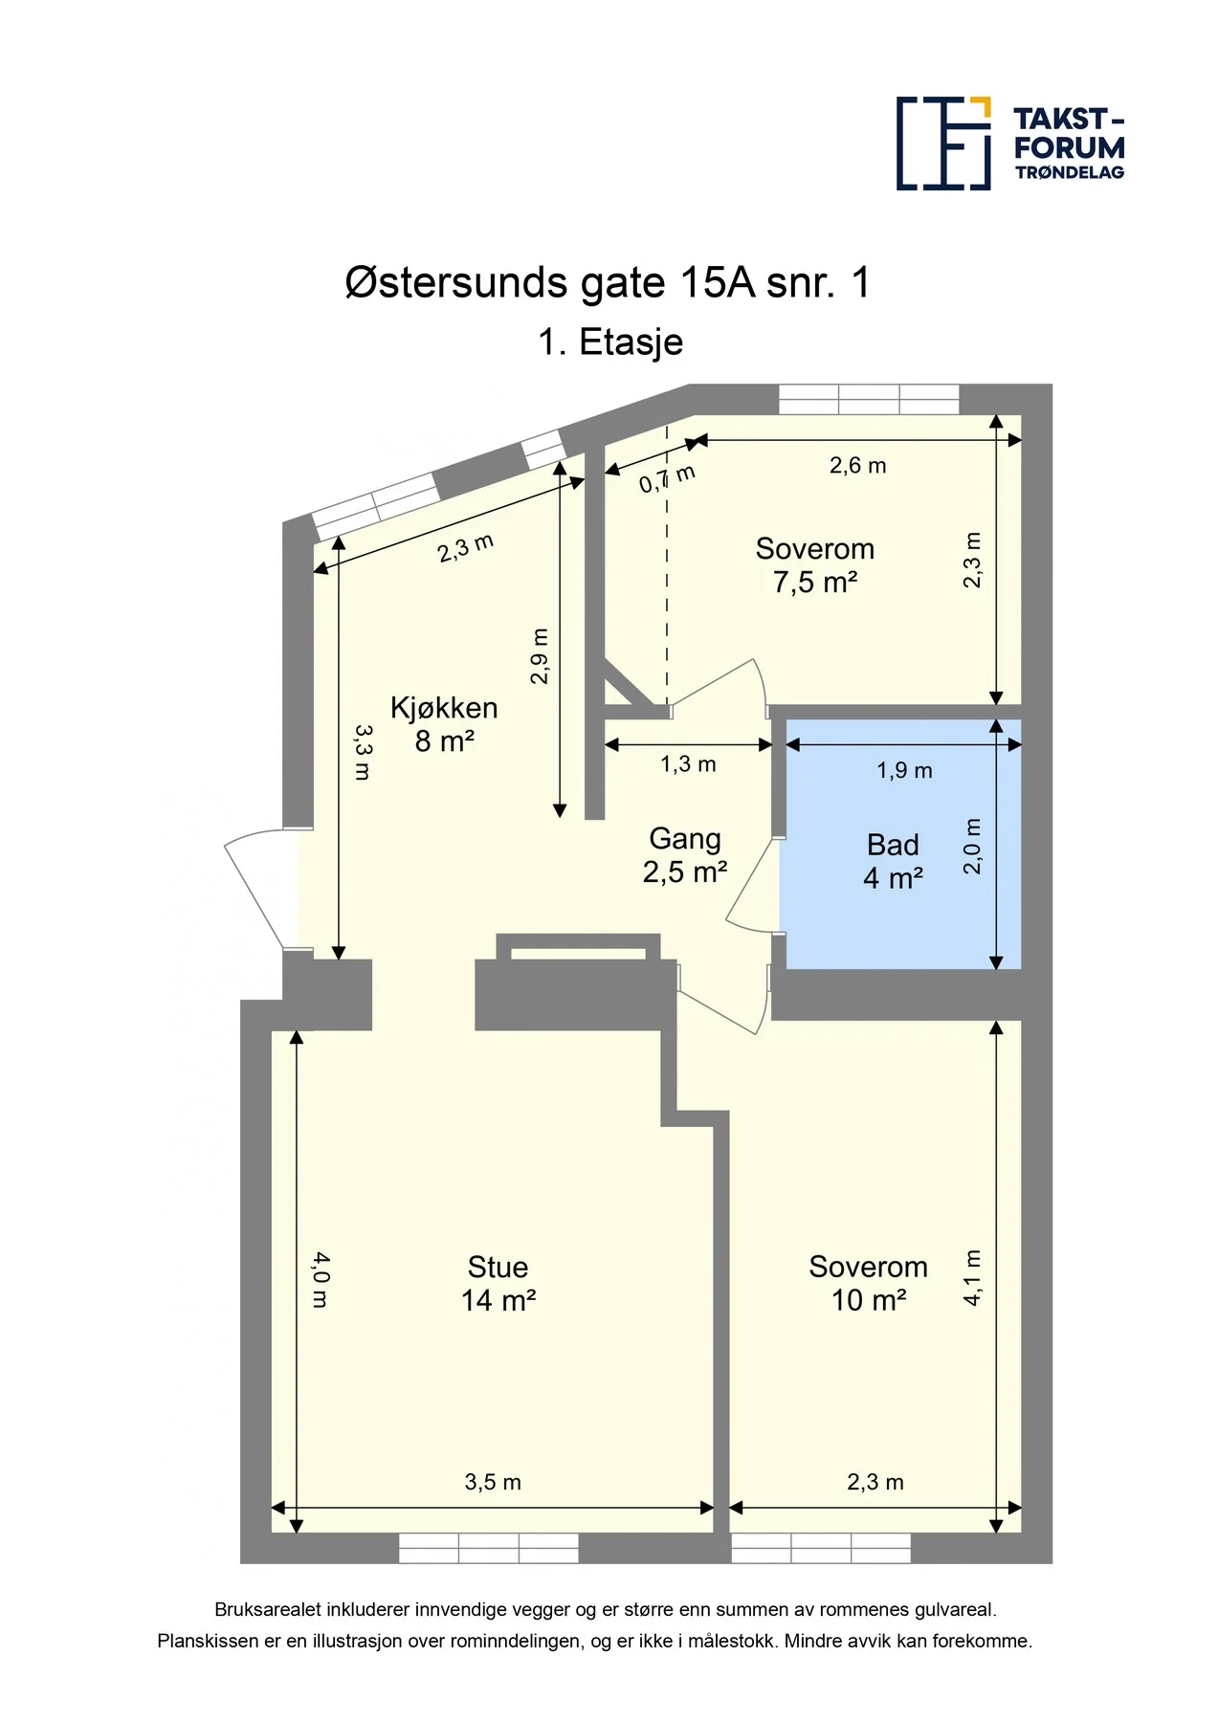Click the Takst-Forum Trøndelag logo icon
coord(943,143)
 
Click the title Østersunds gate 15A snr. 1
coord(608,283)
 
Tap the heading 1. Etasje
coord(610,342)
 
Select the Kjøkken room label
coord(444,708)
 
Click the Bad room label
coord(893,845)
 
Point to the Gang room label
coord(685,839)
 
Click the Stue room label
coord(498,1267)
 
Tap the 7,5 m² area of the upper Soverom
coord(815,582)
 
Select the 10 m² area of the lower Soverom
coord(869,1300)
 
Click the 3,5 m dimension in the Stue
coord(493,1482)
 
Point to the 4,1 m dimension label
coord(972,1277)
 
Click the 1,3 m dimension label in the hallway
coord(688,764)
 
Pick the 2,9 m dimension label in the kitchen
coord(540,656)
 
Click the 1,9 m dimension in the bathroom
coord(904,770)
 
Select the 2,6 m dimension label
coord(857,466)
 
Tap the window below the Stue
coord(488,1548)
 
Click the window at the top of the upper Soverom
coord(869,399)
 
